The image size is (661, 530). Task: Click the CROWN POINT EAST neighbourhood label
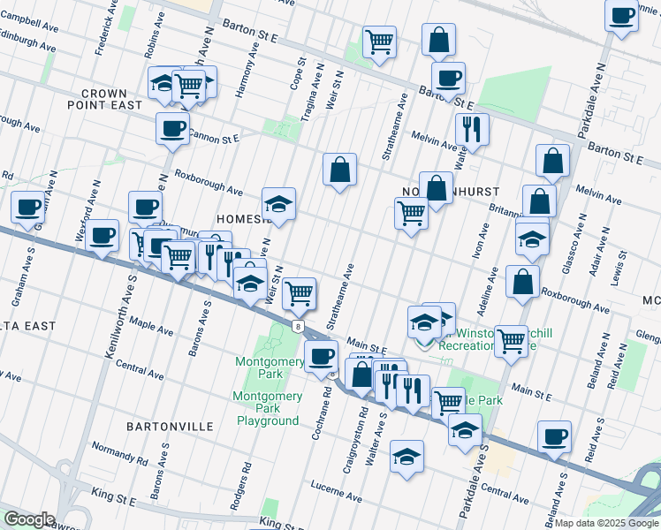coord(111,99)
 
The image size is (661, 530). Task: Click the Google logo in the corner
coord(30,519)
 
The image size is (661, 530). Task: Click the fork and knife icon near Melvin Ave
coord(473,129)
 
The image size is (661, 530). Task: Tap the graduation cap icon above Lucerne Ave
coord(406,456)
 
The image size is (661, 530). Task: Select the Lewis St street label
coord(624,266)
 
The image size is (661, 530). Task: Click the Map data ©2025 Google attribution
coord(604,523)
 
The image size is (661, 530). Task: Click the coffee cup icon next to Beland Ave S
coord(554,435)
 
